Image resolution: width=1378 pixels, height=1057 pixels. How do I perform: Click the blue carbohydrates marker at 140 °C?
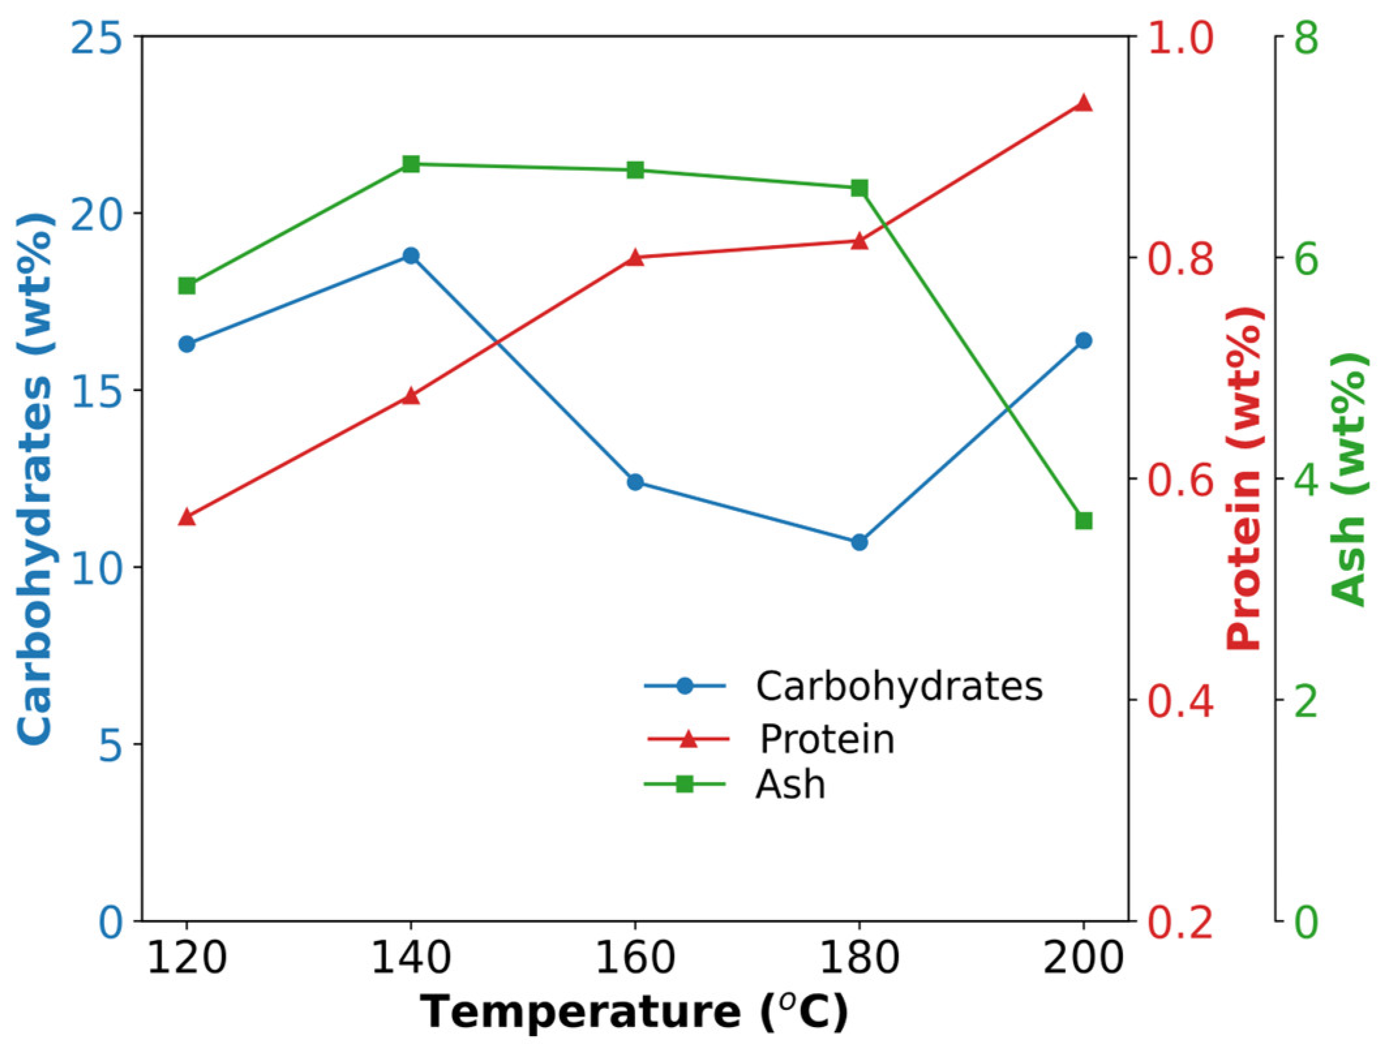[x=411, y=255]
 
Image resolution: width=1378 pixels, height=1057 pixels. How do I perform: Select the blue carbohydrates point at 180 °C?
[x=859, y=542]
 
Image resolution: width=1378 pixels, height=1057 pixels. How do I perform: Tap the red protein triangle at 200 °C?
[x=1083, y=103]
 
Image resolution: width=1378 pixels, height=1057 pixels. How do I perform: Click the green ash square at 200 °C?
[x=1083, y=521]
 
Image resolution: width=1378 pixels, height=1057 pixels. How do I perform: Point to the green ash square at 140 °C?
[x=411, y=164]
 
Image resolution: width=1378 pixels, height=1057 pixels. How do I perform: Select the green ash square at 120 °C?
[x=187, y=286]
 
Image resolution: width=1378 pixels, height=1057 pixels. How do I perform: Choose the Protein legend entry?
[x=827, y=739]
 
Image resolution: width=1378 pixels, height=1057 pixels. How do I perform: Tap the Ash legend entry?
[x=790, y=785]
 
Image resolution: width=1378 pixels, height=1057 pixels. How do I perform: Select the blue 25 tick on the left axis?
[x=96, y=39]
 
